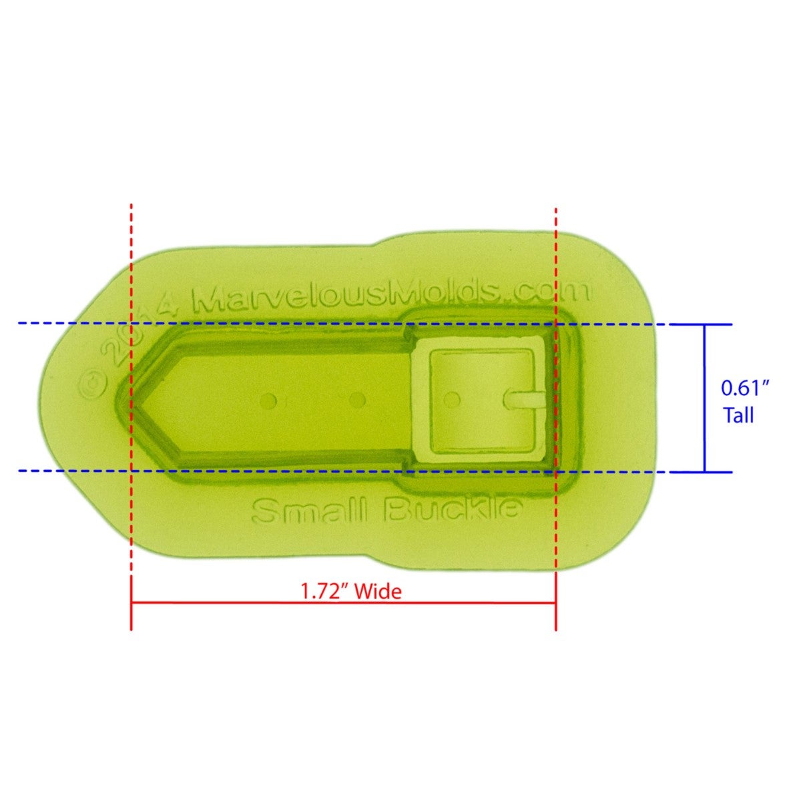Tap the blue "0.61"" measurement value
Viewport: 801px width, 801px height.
[x=746, y=388]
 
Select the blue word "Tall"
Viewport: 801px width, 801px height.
[x=739, y=416]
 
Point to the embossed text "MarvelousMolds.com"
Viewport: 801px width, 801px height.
[x=391, y=294]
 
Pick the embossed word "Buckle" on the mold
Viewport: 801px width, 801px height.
[x=453, y=510]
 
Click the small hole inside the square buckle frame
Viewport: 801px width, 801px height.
[x=453, y=399]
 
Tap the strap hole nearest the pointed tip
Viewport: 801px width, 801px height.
[x=270, y=400]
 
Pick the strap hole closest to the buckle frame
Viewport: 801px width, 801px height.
[x=358, y=400]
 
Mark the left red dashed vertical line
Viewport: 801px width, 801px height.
[x=131, y=267]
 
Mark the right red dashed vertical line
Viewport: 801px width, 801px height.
[x=555, y=267]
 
